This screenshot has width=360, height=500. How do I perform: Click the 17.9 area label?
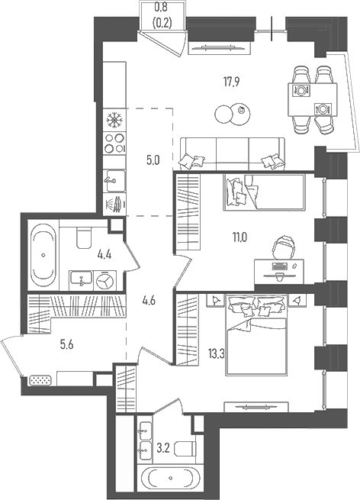[232, 82]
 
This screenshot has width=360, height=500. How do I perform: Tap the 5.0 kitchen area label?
[153, 160]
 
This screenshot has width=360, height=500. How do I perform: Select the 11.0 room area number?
[240, 237]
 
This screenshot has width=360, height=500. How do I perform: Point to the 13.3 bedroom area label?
[217, 353]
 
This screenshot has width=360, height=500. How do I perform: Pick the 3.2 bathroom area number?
[162, 449]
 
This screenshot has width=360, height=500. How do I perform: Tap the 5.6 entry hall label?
[67, 344]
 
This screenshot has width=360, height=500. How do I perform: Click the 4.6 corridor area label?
[149, 301]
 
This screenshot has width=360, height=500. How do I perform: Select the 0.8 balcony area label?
[162, 5]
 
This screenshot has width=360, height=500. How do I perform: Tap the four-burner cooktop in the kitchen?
[114, 144]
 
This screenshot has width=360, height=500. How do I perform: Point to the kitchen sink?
[115, 181]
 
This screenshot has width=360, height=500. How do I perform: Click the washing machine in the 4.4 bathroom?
[104, 281]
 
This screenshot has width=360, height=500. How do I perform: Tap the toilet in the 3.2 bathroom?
[185, 449]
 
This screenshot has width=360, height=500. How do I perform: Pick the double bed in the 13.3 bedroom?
[256, 335]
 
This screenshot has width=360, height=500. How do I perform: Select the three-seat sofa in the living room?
[233, 153]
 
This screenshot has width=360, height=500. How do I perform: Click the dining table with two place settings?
[312, 99]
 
